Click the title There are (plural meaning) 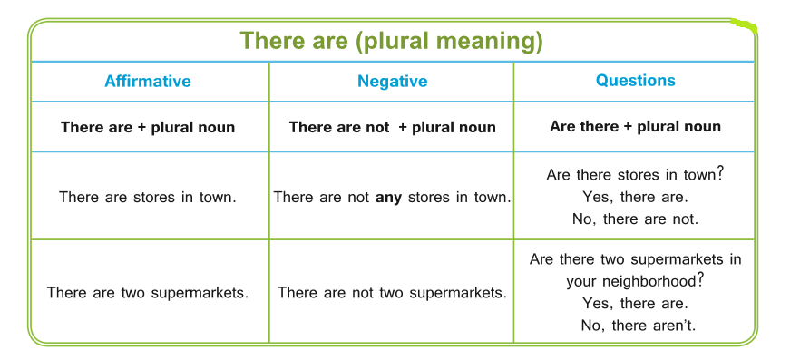(391, 40)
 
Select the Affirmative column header (148, 81)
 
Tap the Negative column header (393, 81)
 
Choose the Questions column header (635, 81)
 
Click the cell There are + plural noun (148, 127)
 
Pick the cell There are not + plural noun (393, 127)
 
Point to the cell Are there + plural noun (635, 126)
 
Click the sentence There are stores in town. (148, 197)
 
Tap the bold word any (388, 198)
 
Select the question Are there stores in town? (635, 174)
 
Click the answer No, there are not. (635, 219)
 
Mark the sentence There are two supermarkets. (148, 293)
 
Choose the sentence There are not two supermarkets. (393, 293)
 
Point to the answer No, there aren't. (638, 326)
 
